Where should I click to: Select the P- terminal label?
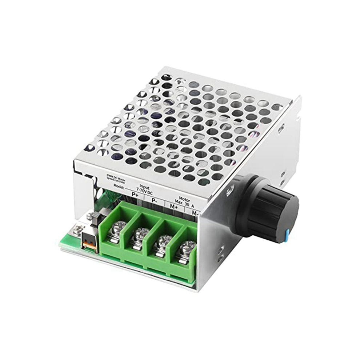155,201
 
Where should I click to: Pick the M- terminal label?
195,213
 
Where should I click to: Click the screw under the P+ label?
117,231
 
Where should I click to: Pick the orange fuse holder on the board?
89,241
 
